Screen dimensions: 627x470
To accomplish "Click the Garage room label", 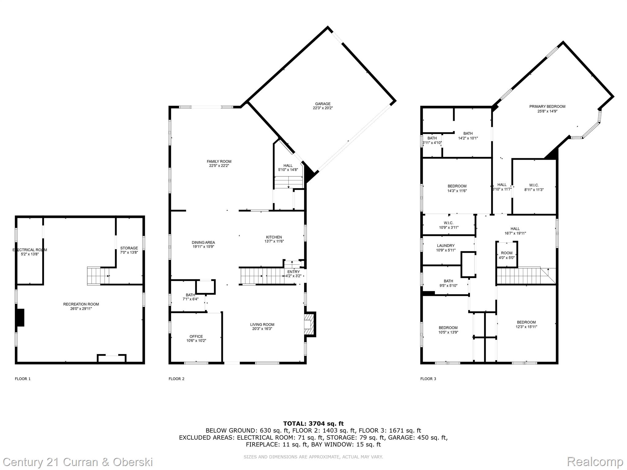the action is coord(323,104).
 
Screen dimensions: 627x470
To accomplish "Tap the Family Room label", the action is coord(219,162).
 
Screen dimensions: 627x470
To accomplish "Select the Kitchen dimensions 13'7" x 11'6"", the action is coord(274,241).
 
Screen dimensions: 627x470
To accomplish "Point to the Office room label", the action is coord(196,337).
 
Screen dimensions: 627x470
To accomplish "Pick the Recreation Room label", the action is coord(81,304).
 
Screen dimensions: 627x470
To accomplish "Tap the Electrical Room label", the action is coord(30,250).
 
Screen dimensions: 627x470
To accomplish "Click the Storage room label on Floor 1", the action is coord(129,248).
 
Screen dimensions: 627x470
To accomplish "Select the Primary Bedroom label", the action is coord(547,106).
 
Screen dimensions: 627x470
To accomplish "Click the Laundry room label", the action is coord(446,246).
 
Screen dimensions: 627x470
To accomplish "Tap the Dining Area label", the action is coord(203,243).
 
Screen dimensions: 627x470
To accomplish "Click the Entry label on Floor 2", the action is coord(294,272).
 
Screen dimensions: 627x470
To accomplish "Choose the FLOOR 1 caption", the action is coord(23,379).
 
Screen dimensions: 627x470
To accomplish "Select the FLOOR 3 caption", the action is coord(428,379).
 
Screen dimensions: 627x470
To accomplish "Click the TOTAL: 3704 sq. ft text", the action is coord(313,424).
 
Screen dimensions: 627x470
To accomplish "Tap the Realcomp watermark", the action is coord(595,461).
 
